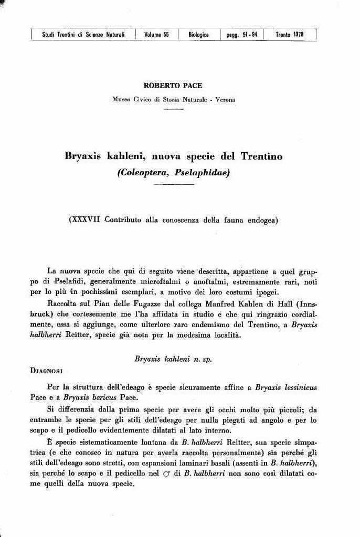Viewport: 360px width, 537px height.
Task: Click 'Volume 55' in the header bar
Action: tap(156, 35)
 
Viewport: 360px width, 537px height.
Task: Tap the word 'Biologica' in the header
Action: tap(198, 35)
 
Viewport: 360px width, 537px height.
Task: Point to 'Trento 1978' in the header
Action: tap(289, 35)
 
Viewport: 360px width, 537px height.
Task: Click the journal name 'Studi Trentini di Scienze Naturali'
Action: tap(83, 35)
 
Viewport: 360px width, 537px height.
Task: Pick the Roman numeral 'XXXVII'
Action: tap(87, 220)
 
